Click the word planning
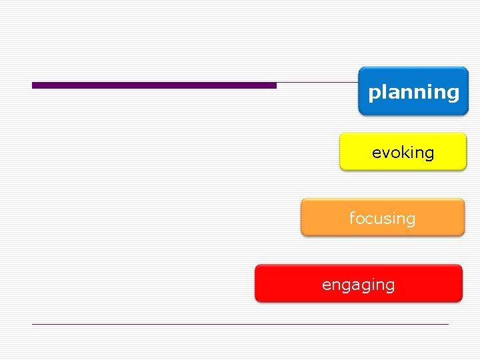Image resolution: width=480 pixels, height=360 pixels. pyautogui.click(x=413, y=92)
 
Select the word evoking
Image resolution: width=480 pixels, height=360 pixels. pyautogui.click(x=403, y=153)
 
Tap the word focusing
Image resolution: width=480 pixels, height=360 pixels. pyautogui.click(x=382, y=219)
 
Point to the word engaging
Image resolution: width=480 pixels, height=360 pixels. pyautogui.click(x=358, y=285)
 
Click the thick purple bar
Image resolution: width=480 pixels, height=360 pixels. pyautogui.click(x=154, y=85)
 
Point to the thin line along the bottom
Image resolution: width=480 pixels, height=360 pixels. pyautogui.click(x=240, y=324)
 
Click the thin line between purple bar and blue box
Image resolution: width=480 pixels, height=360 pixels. pyautogui.click(x=317, y=83)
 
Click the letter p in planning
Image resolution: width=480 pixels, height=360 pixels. pyautogui.click(x=373, y=93)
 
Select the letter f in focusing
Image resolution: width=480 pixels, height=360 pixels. pyautogui.click(x=352, y=218)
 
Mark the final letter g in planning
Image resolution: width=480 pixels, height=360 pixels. pyautogui.click(x=453, y=93)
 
